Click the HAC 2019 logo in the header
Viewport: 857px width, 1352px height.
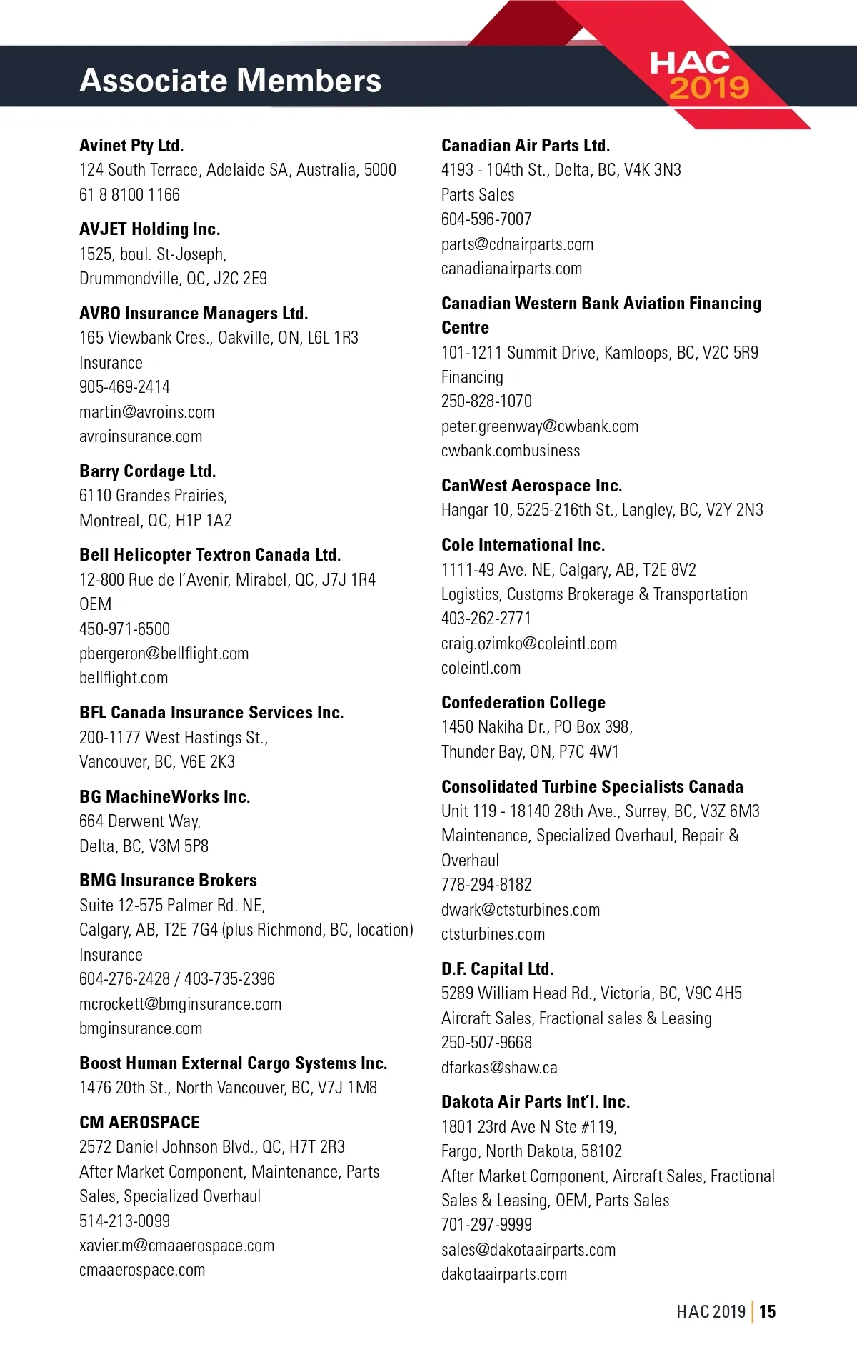point(698,75)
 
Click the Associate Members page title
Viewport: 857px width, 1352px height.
point(230,80)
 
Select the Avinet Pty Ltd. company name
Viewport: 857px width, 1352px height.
point(131,146)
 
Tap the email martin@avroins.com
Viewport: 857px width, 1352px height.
point(146,412)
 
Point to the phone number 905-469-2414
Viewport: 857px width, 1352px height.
point(124,387)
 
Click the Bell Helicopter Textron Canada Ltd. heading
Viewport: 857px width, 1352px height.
point(210,555)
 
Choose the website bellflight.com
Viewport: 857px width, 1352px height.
point(124,678)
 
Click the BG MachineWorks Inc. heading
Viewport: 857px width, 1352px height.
point(164,797)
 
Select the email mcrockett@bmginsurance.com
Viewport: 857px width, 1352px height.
point(180,1004)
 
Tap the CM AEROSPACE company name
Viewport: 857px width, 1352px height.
point(139,1123)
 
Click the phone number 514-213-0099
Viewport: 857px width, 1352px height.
point(124,1221)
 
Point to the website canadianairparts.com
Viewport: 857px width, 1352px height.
point(511,269)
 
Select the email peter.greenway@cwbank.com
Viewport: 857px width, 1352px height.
point(539,426)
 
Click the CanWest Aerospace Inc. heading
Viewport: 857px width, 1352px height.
point(531,486)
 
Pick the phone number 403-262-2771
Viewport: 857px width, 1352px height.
point(486,619)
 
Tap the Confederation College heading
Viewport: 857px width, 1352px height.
point(523,703)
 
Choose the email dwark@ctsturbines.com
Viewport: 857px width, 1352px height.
point(520,910)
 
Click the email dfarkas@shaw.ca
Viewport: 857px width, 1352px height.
point(498,1068)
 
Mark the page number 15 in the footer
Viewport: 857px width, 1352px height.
point(767,1311)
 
